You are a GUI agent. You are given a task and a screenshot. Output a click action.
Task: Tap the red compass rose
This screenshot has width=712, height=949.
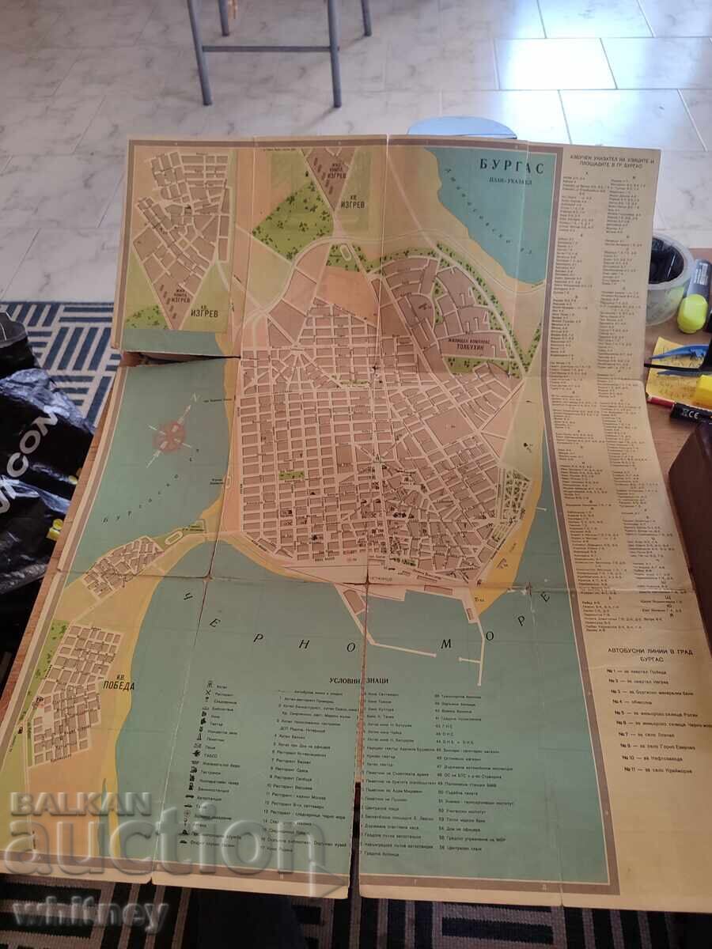pyautogui.click(x=169, y=434)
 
